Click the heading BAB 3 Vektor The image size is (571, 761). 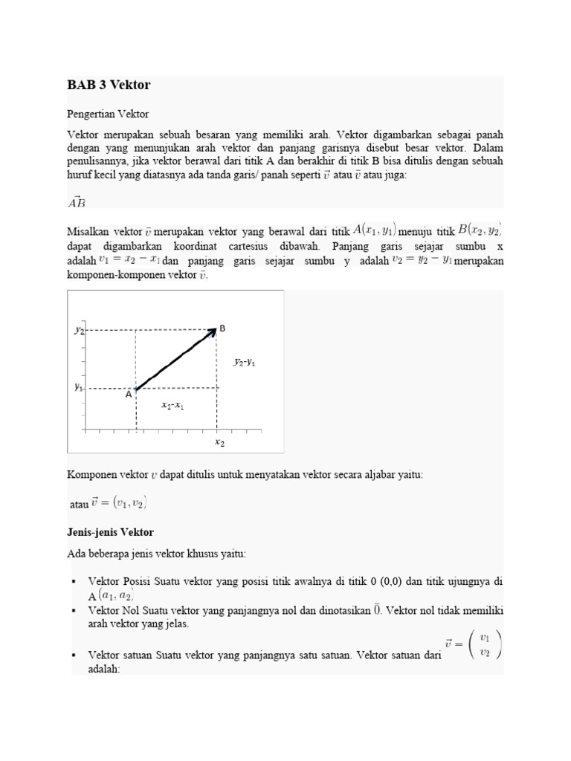point(109,85)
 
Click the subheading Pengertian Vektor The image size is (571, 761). point(108,114)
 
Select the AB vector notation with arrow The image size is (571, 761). point(77,201)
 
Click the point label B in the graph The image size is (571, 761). point(222,328)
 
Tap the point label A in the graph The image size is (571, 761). point(128,395)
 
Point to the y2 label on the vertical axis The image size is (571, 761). point(80,330)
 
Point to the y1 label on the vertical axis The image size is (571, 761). point(79,387)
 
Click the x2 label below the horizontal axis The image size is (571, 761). point(219,442)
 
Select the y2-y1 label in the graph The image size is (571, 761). point(245,362)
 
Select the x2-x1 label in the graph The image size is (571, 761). point(172,406)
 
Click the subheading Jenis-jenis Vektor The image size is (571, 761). point(110,532)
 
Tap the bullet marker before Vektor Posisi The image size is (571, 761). point(74,581)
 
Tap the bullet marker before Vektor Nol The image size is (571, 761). point(74,610)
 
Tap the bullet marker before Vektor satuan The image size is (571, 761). point(74,655)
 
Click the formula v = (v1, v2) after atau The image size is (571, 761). point(119,504)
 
